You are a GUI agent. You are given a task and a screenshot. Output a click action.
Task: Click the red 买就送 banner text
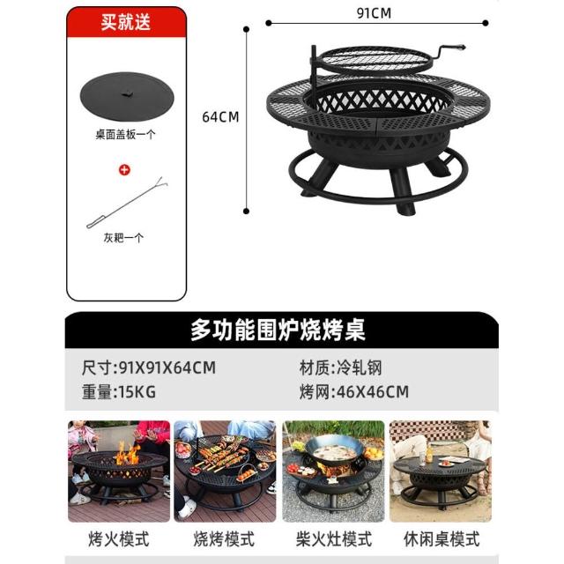[x=125, y=22]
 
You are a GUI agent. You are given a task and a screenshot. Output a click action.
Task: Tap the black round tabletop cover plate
[x=127, y=96]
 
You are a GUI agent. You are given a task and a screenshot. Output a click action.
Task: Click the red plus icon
[x=124, y=170]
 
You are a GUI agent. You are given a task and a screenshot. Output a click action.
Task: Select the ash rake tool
[x=127, y=203]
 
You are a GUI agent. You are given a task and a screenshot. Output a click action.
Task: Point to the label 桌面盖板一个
[x=125, y=135]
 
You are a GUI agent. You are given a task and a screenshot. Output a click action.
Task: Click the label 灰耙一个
[x=123, y=238]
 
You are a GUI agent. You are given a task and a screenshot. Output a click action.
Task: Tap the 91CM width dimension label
[x=374, y=13]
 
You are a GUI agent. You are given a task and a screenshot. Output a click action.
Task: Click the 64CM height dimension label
[x=220, y=117]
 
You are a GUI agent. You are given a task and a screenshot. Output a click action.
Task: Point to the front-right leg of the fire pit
[x=403, y=191]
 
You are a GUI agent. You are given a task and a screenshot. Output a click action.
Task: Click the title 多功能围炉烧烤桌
[x=278, y=330]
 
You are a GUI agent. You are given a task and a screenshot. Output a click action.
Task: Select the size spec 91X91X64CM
[x=167, y=367]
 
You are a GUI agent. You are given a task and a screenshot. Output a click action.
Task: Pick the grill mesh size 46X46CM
[x=373, y=391]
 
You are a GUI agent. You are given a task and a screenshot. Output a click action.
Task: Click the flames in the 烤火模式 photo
[x=128, y=454]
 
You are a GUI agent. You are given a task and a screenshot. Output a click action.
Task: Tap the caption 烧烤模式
[x=224, y=538]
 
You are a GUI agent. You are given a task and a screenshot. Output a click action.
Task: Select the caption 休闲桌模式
[x=442, y=538]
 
